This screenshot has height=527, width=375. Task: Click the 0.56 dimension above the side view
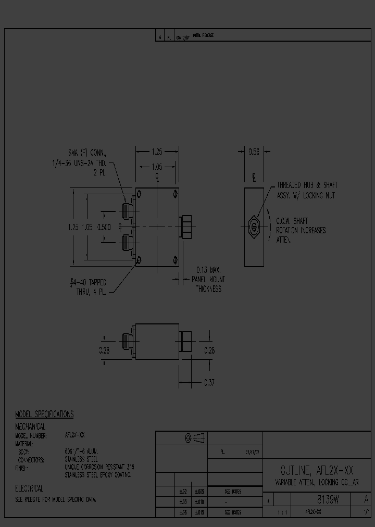click(x=254, y=152)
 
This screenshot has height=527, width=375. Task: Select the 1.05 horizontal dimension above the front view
click(x=156, y=168)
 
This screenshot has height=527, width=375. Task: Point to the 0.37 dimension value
click(x=209, y=383)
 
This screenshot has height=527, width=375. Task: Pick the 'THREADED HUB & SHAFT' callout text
click(x=307, y=185)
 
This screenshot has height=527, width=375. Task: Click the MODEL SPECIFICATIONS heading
click(x=44, y=415)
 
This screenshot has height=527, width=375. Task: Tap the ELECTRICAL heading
click(x=29, y=489)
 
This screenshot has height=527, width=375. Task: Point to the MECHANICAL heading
click(x=30, y=426)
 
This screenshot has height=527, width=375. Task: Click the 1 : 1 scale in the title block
click(x=284, y=513)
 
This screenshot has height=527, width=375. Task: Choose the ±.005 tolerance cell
click(x=199, y=491)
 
